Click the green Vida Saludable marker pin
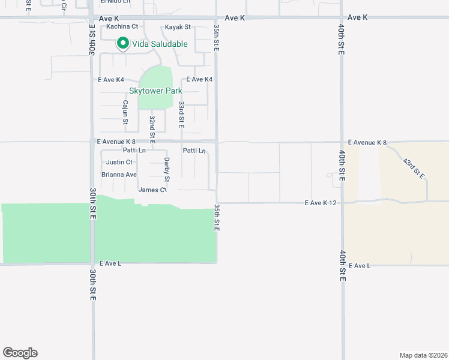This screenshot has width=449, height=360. [x=123, y=43]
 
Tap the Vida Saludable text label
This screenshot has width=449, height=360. [x=160, y=44]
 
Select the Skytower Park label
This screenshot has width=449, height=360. [x=155, y=91]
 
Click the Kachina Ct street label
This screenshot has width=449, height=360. [x=122, y=26]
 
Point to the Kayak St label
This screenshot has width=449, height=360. [x=178, y=27]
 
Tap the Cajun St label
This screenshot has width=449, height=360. [x=125, y=112]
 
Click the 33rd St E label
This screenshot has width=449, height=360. [x=181, y=113]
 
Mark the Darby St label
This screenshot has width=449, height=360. [x=166, y=169]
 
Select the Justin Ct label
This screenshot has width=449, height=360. [x=119, y=162]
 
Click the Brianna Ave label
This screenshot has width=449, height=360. [x=119, y=175]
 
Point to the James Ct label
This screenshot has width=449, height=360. [x=152, y=190]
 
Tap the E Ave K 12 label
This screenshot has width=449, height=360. [x=320, y=203]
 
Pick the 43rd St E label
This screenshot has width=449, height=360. [x=414, y=169]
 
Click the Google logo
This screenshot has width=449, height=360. [x=20, y=353]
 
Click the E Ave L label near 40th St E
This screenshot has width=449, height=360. [x=360, y=265]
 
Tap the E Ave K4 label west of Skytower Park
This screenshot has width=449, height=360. [x=111, y=79]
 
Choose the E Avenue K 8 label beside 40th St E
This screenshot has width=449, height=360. [x=367, y=143]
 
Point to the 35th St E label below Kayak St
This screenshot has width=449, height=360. [x=215, y=38]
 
